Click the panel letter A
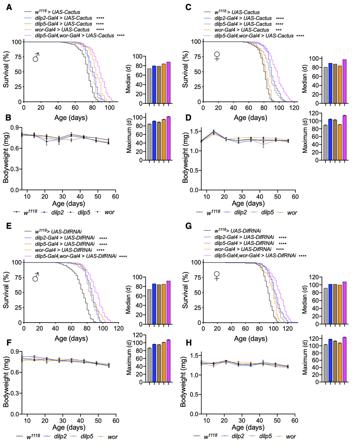tap(9, 7)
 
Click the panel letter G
tap(189, 226)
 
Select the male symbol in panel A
tap(36, 58)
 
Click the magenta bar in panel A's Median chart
tap(168, 83)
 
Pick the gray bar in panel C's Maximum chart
tap(326, 143)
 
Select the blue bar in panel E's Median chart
tap(154, 304)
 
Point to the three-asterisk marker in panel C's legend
tap(278, 30)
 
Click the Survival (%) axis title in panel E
tap(6, 291)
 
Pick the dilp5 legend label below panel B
tap(80, 212)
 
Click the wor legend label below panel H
tap(291, 436)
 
